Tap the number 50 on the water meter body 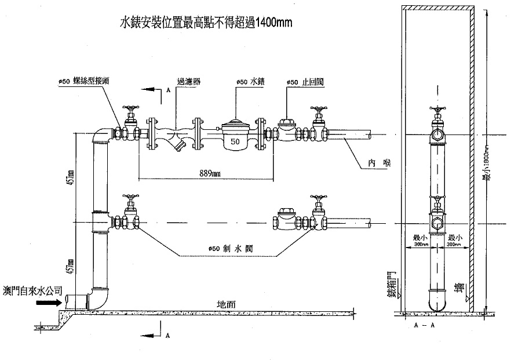coord(235,141)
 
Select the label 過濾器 coord(188,82)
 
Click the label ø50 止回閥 coord(305,82)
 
